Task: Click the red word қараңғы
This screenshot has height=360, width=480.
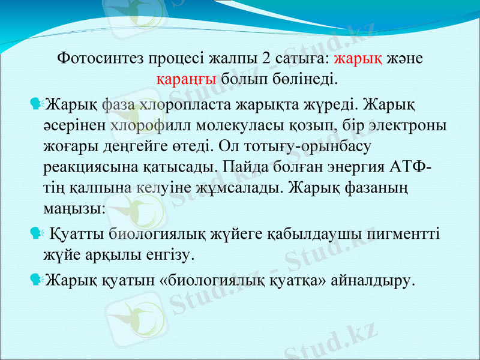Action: coord(186,79)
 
